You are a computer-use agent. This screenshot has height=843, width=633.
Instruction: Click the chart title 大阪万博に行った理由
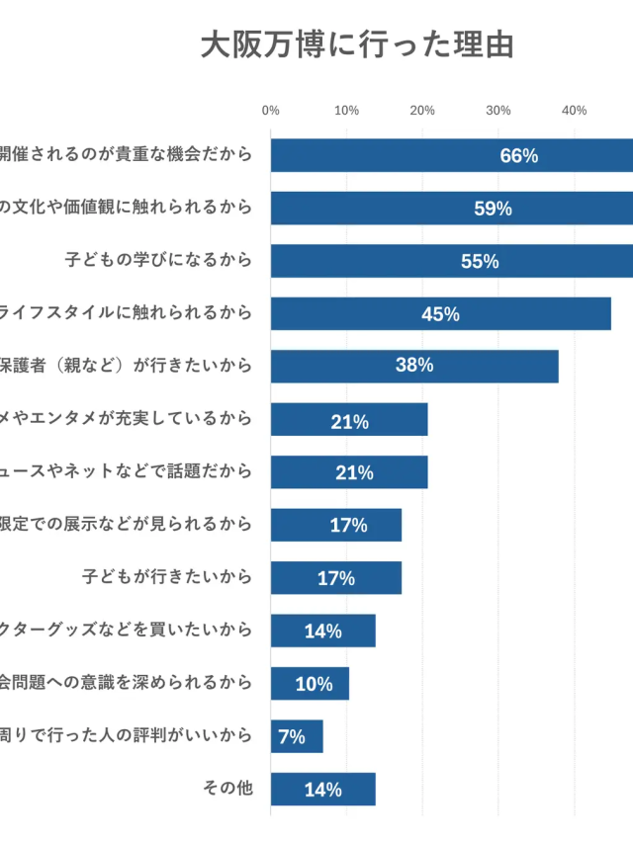point(357,45)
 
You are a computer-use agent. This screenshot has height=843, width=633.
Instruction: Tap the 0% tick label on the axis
point(270,111)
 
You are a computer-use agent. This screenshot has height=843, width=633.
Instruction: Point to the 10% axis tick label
point(346,111)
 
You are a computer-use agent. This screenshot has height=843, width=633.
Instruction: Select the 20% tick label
point(422,111)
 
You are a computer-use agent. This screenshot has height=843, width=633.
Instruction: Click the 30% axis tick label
point(498,111)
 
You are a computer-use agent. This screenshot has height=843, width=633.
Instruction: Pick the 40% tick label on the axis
point(575,111)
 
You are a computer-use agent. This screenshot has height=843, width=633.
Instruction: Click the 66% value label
point(519,156)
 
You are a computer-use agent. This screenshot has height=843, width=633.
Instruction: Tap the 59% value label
point(493,209)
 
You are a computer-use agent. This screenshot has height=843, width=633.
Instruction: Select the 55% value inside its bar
point(480,262)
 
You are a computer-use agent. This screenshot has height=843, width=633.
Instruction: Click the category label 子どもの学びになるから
point(158,261)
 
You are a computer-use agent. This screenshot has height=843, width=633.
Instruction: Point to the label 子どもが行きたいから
point(167,576)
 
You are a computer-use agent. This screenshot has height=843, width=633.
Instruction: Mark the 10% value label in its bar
point(314,684)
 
